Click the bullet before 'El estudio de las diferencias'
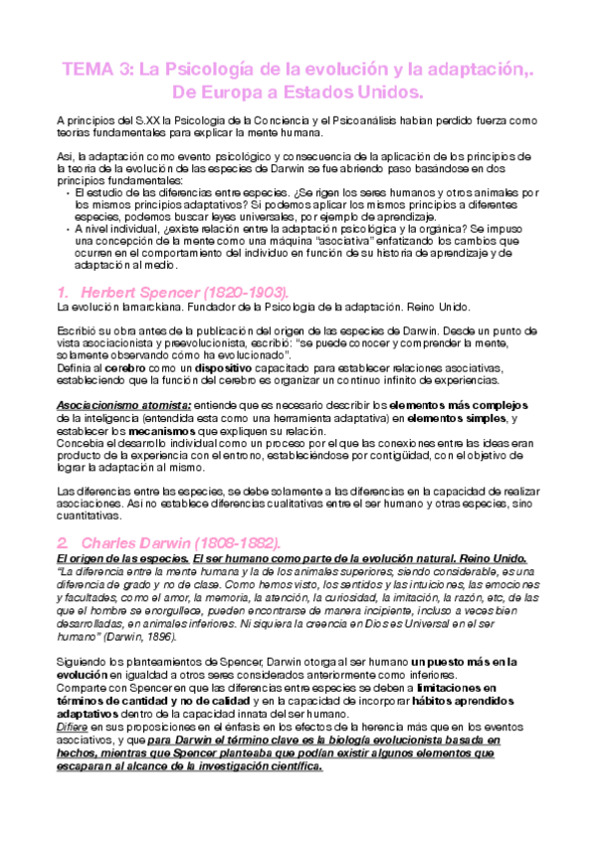(x=67, y=191)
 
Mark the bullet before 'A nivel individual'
(x=67, y=227)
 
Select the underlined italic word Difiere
(x=73, y=728)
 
